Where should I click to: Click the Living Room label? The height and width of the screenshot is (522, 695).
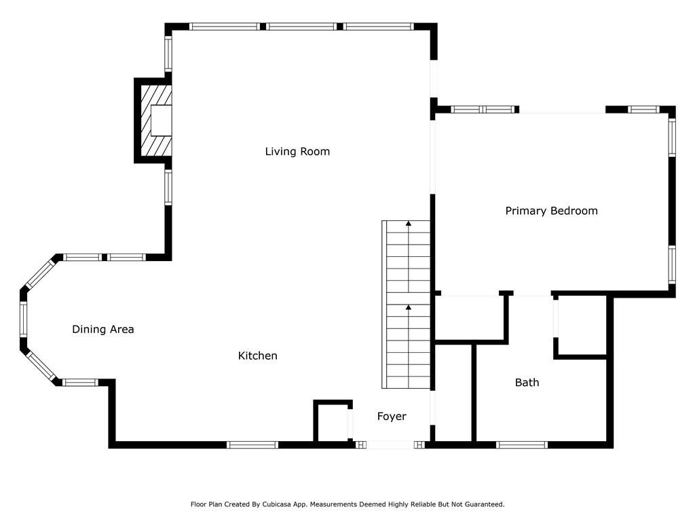click(297, 152)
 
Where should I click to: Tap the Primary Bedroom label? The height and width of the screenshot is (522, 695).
click(551, 211)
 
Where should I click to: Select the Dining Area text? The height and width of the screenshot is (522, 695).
click(103, 330)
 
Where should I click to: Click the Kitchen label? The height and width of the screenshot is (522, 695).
click(257, 355)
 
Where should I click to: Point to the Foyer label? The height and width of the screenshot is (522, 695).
click(392, 417)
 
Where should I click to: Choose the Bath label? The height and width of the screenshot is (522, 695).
click(527, 383)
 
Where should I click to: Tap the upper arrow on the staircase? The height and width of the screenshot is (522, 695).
click(408, 223)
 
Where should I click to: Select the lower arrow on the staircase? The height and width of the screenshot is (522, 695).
click(408, 308)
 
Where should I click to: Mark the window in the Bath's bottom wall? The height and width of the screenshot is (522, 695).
click(521, 445)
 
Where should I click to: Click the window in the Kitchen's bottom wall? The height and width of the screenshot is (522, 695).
click(252, 445)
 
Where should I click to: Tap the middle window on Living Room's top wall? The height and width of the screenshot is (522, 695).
click(301, 27)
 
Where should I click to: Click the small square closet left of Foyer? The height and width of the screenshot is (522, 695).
click(333, 421)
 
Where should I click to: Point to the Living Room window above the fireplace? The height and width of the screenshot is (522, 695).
click(168, 53)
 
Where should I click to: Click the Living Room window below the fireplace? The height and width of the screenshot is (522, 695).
click(168, 187)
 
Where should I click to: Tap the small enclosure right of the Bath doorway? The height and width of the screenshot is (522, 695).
click(581, 326)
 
